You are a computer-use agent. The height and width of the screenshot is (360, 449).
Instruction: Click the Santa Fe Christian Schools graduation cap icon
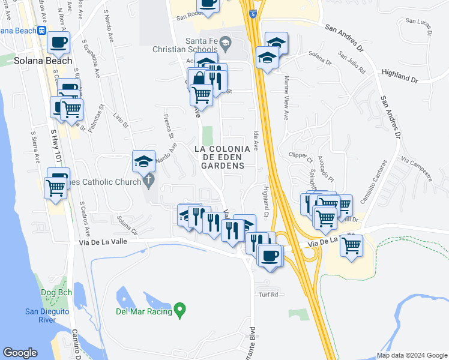pos(225,41)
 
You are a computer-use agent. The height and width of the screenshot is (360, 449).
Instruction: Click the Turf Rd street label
pos(268,295)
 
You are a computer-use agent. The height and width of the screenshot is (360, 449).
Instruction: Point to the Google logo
pos(20,353)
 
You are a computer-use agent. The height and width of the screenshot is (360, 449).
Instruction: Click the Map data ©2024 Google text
pos(411,355)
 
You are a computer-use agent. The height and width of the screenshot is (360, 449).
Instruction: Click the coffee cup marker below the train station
pos(59,42)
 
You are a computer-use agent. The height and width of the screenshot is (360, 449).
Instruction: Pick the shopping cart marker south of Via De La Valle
pos(351,245)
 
